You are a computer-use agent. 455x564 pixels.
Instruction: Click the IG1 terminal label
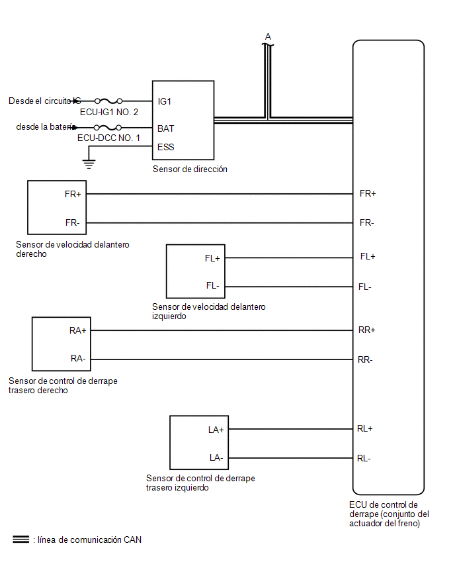pyautogui.click(x=164, y=101)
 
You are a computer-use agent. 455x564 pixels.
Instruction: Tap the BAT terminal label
pyautogui.click(x=166, y=128)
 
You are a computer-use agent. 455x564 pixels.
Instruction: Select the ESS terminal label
pyautogui.click(x=166, y=147)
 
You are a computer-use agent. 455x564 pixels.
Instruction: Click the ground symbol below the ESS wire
pyautogui.click(x=89, y=164)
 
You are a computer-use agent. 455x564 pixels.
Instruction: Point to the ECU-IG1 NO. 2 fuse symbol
pyautogui.click(x=108, y=101)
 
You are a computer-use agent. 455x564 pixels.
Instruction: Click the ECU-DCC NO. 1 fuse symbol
pyautogui.click(x=107, y=127)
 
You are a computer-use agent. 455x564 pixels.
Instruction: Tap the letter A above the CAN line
pyautogui.click(x=268, y=36)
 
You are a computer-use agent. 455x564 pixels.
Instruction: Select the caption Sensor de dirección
pyautogui.click(x=190, y=169)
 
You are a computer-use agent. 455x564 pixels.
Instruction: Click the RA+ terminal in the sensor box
pyautogui.click(x=77, y=330)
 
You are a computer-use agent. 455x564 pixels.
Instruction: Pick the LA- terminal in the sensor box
pyautogui.click(x=216, y=457)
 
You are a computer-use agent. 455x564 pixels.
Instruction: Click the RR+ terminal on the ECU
pyautogui.click(x=366, y=330)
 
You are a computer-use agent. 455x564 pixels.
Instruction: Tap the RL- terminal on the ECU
pyautogui.click(x=364, y=458)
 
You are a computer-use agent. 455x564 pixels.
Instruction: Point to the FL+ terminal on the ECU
pyautogui.click(x=368, y=256)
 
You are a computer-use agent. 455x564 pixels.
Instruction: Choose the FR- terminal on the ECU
pyautogui.click(x=366, y=222)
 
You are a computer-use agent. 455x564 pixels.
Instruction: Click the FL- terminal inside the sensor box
pyautogui.click(x=212, y=285)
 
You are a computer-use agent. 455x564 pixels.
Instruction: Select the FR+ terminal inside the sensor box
pyautogui.click(x=73, y=194)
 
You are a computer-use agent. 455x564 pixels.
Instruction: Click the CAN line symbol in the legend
pyautogui.click(x=21, y=540)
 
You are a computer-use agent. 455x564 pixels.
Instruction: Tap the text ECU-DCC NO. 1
pyautogui.click(x=108, y=138)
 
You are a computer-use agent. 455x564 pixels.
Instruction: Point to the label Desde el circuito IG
pyautogui.click(x=45, y=101)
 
